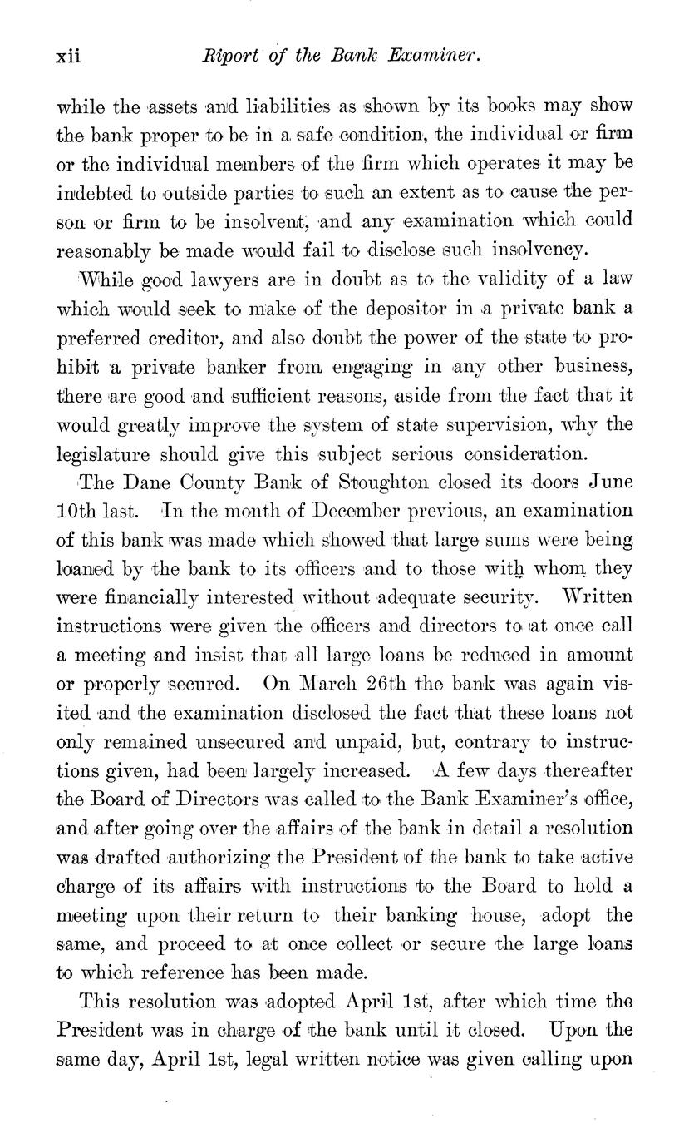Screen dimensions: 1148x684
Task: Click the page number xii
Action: click(x=66, y=57)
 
